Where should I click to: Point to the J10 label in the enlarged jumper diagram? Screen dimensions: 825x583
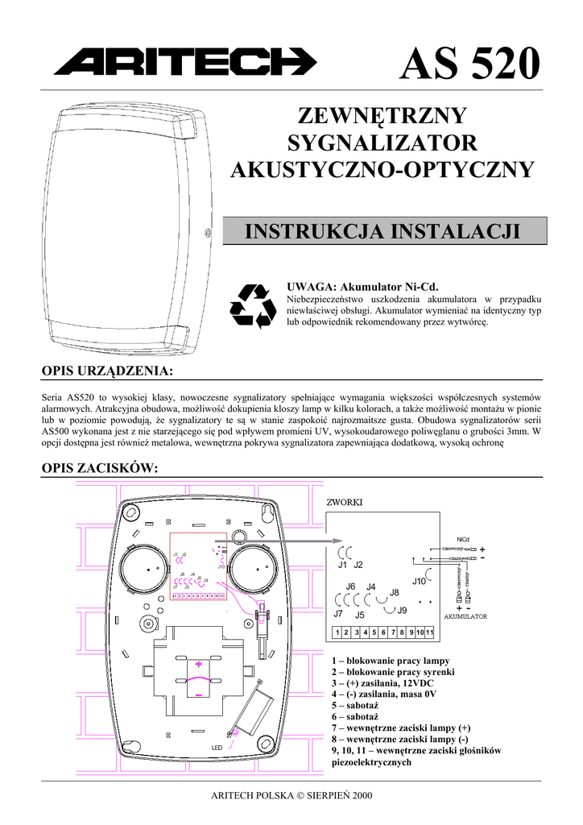419,581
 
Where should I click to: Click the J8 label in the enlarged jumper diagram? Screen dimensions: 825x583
394,593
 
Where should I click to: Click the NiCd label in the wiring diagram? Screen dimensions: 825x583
462,539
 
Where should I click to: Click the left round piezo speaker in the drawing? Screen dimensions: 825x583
146,568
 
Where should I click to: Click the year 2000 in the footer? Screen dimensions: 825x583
361,795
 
